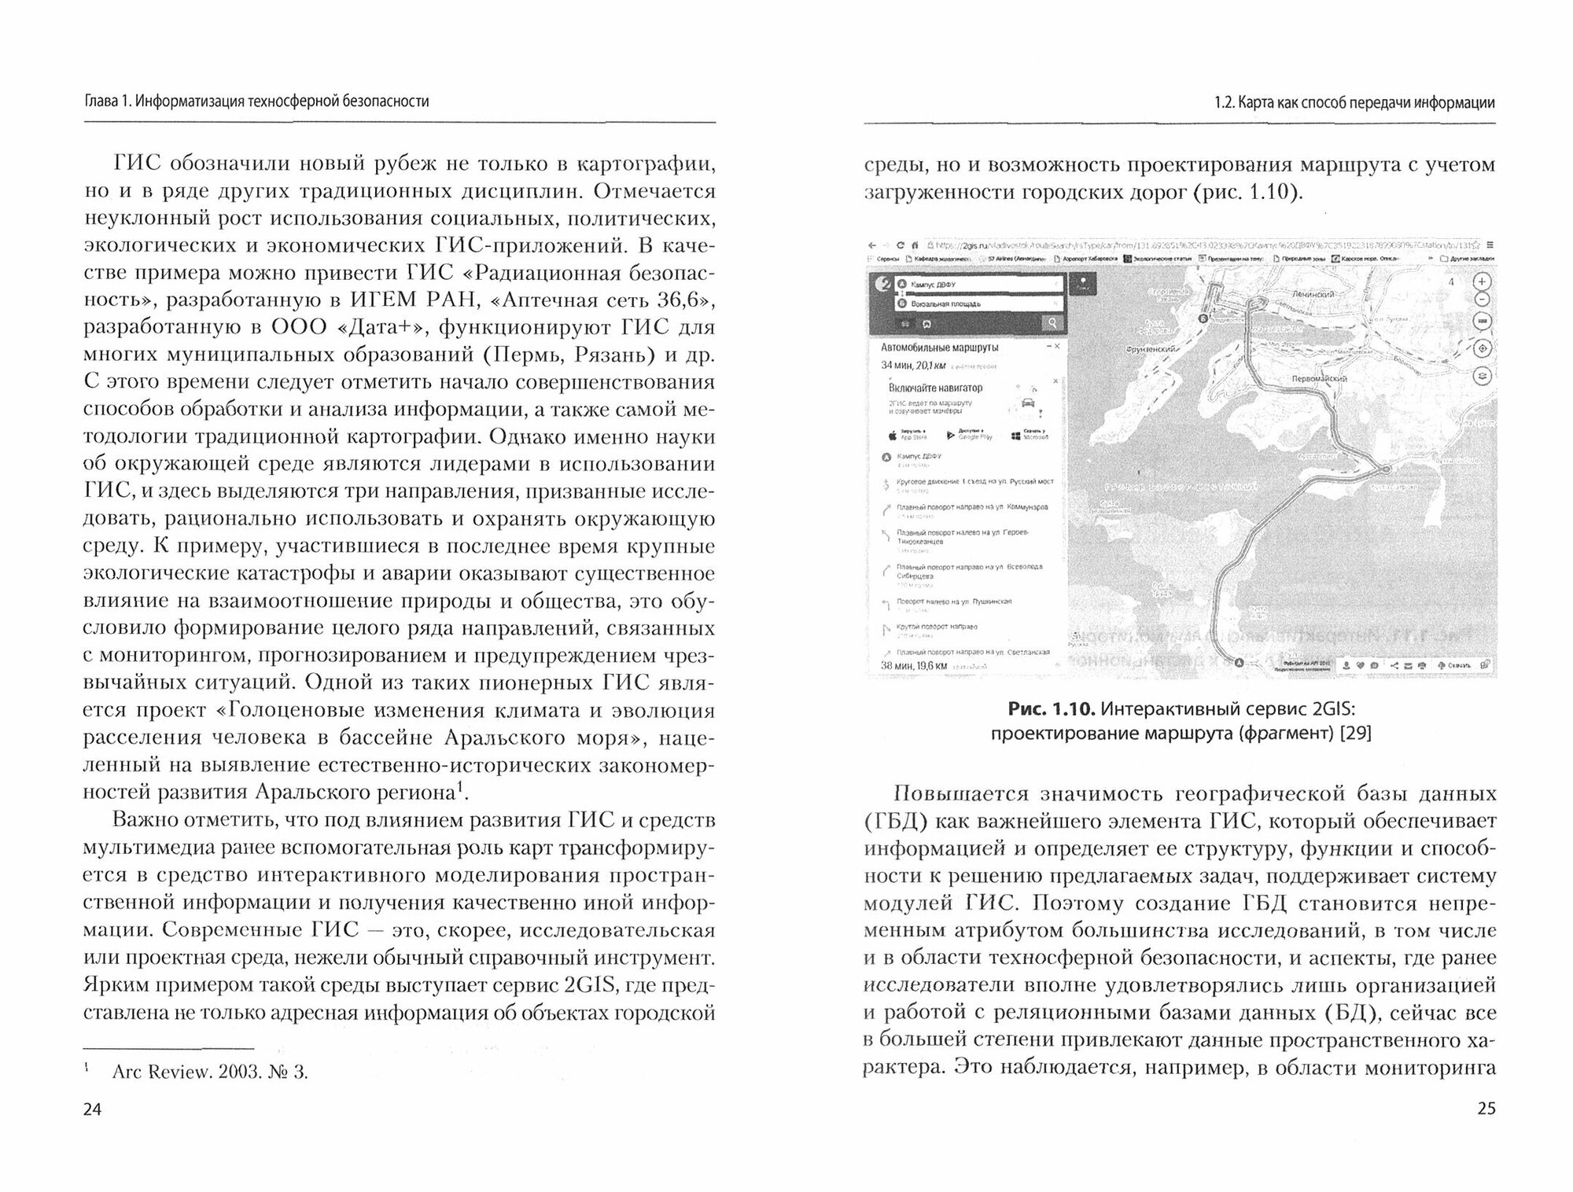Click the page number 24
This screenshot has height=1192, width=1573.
[x=93, y=1109]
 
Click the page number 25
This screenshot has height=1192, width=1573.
[x=1486, y=1109]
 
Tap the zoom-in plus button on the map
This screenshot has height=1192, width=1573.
[x=1482, y=282]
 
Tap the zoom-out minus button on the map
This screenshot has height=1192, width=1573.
[x=1482, y=300]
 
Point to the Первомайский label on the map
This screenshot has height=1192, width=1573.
[x=1320, y=378]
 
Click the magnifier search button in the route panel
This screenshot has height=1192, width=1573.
[x=1051, y=322]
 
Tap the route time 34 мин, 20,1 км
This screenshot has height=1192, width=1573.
[x=912, y=365]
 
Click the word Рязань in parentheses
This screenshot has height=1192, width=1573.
[x=611, y=354]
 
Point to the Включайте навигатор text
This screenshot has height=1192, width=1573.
[x=935, y=388]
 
